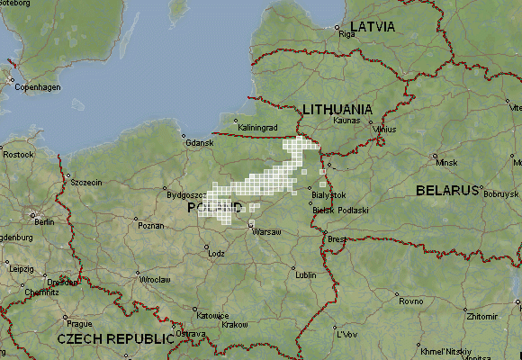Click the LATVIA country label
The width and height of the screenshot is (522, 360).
click(x=372, y=26)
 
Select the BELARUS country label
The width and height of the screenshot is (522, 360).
click(x=446, y=191)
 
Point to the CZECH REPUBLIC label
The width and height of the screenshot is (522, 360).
click(x=114, y=338)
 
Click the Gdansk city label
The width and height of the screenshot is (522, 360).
click(x=199, y=143)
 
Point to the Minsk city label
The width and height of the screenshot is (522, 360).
click(x=446, y=163)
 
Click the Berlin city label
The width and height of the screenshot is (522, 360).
click(x=43, y=221)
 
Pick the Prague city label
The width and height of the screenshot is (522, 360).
click(x=80, y=323)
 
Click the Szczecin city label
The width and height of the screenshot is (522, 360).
click(x=86, y=183)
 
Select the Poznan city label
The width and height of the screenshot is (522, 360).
click(x=150, y=226)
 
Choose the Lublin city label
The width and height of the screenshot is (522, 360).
click(x=306, y=275)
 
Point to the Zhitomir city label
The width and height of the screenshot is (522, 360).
click(x=481, y=317)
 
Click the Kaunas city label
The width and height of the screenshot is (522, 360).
click(x=346, y=120)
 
